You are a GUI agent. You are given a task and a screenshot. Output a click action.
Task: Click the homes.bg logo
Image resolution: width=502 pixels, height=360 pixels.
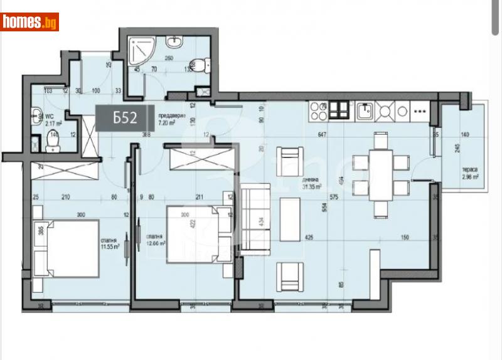[29, 23]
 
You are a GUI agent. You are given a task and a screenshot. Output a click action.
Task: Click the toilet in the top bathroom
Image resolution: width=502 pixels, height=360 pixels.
[200, 64]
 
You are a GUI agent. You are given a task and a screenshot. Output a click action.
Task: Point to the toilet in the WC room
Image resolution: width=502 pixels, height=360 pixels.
[52, 145]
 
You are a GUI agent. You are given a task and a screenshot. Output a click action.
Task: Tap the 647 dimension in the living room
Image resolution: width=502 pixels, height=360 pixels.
[323, 134]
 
